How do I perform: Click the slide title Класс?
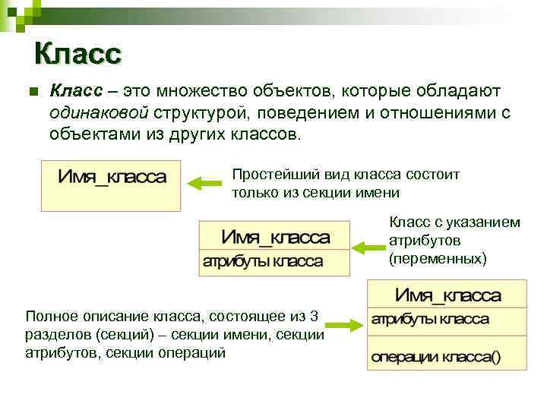click(x=77, y=54)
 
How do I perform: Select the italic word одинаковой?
click(x=99, y=113)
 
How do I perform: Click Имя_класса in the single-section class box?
click(x=112, y=178)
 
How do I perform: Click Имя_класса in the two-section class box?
click(x=275, y=238)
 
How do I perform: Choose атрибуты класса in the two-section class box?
click(x=262, y=262)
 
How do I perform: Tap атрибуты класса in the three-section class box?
click(x=429, y=319)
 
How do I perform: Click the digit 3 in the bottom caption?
click(x=315, y=315)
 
